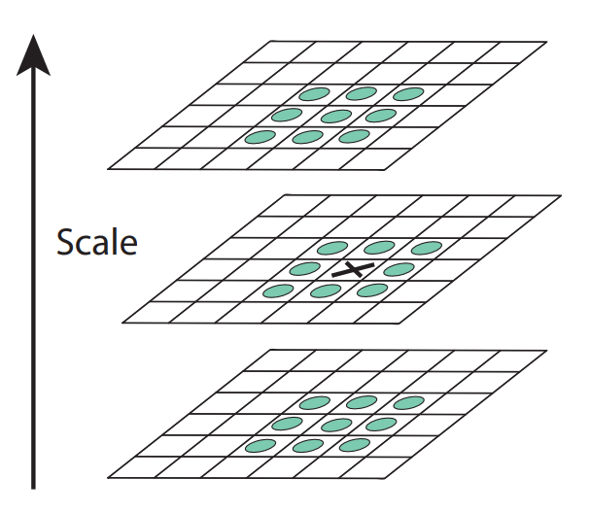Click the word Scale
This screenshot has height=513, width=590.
click(96, 241)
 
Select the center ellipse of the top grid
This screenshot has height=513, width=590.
click(335, 117)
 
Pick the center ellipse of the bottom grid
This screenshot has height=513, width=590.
click(336, 424)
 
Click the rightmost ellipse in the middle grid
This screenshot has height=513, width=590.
click(426, 248)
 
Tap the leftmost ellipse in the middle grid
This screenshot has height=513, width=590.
click(278, 291)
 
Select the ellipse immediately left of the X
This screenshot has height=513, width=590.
click(303, 269)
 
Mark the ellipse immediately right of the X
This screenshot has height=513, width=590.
click(399, 269)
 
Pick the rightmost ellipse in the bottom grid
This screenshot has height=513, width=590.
click(408, 401)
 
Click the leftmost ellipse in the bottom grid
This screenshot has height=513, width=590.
click(260, 446)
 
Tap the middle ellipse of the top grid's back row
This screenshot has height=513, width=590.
click(361, 94)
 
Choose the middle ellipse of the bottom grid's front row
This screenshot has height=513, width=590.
click(308, 446)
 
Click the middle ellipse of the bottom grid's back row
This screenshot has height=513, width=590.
click(362, 402)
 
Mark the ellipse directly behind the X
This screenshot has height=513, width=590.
click(379, 248)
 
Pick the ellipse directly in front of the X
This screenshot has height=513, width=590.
click(326, 291)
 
